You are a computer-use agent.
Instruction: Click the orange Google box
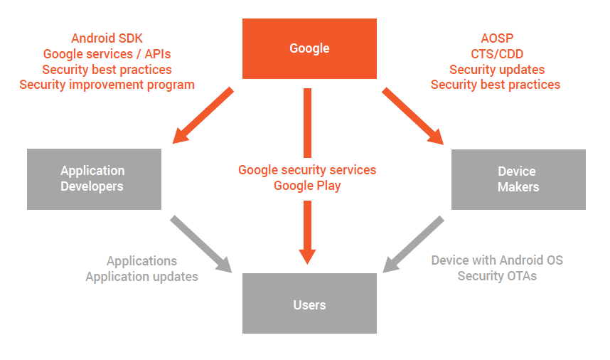[309, 48]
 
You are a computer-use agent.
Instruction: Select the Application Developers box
[94, 179]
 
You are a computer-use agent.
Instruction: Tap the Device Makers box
[518, 179]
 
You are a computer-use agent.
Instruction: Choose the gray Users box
[309, 303]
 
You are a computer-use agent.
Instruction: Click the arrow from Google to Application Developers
[203, 115]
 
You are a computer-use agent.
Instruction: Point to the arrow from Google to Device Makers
[413, 116]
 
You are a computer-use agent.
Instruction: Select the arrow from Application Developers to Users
[200, 244]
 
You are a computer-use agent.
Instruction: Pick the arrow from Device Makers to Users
[414, 244]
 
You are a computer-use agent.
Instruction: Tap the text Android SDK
[107, 38]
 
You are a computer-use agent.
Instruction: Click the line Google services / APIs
[107, 53]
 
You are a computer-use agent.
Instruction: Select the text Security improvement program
[107, 85]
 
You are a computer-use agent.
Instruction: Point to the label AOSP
[497, 38]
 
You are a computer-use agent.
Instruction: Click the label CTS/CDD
[497, 53]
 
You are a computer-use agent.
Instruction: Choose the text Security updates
[497, 69]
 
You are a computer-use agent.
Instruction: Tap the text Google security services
[307, 170]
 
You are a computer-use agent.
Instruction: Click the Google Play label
[307, 186]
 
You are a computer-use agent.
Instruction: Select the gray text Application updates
[142, 277]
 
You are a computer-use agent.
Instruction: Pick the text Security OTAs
[497, 276]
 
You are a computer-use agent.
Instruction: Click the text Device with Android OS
[497, 260]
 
